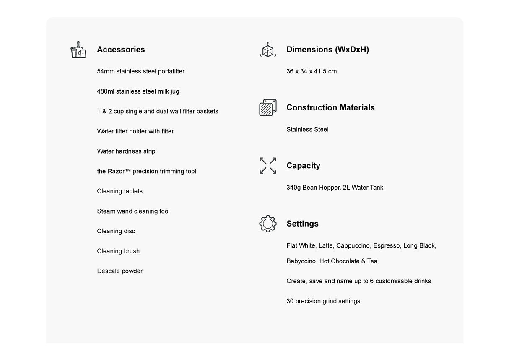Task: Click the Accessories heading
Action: [x=121, y=50]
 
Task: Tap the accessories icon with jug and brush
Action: [x=78, y=50]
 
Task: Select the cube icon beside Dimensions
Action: [x=268, y=50]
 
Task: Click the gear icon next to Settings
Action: [x=268, y=224]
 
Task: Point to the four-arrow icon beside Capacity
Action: [x=268, y=166]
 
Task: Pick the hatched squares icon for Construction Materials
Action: [x=268, y=107]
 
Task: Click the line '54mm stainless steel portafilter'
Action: [x=140, y=71]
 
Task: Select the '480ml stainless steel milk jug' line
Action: [x=138, y=91]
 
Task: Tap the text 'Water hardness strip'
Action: [x=126, y=151]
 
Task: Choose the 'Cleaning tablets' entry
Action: [x=119, y=191]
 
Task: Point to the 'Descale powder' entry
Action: [x=119, y=271]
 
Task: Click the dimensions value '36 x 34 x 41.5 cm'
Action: [x=312, y=71]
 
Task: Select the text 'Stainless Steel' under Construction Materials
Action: [x=307, y=130]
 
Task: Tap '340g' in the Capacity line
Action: [x=293, y=188]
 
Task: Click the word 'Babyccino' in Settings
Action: [x=301, y=261]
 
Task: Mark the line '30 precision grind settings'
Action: [x=323, y=301]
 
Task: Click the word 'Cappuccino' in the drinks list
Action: [x=353, y=245]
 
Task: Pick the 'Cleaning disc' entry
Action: [x=116, y=231]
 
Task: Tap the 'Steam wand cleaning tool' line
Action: [x=133, y=211]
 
